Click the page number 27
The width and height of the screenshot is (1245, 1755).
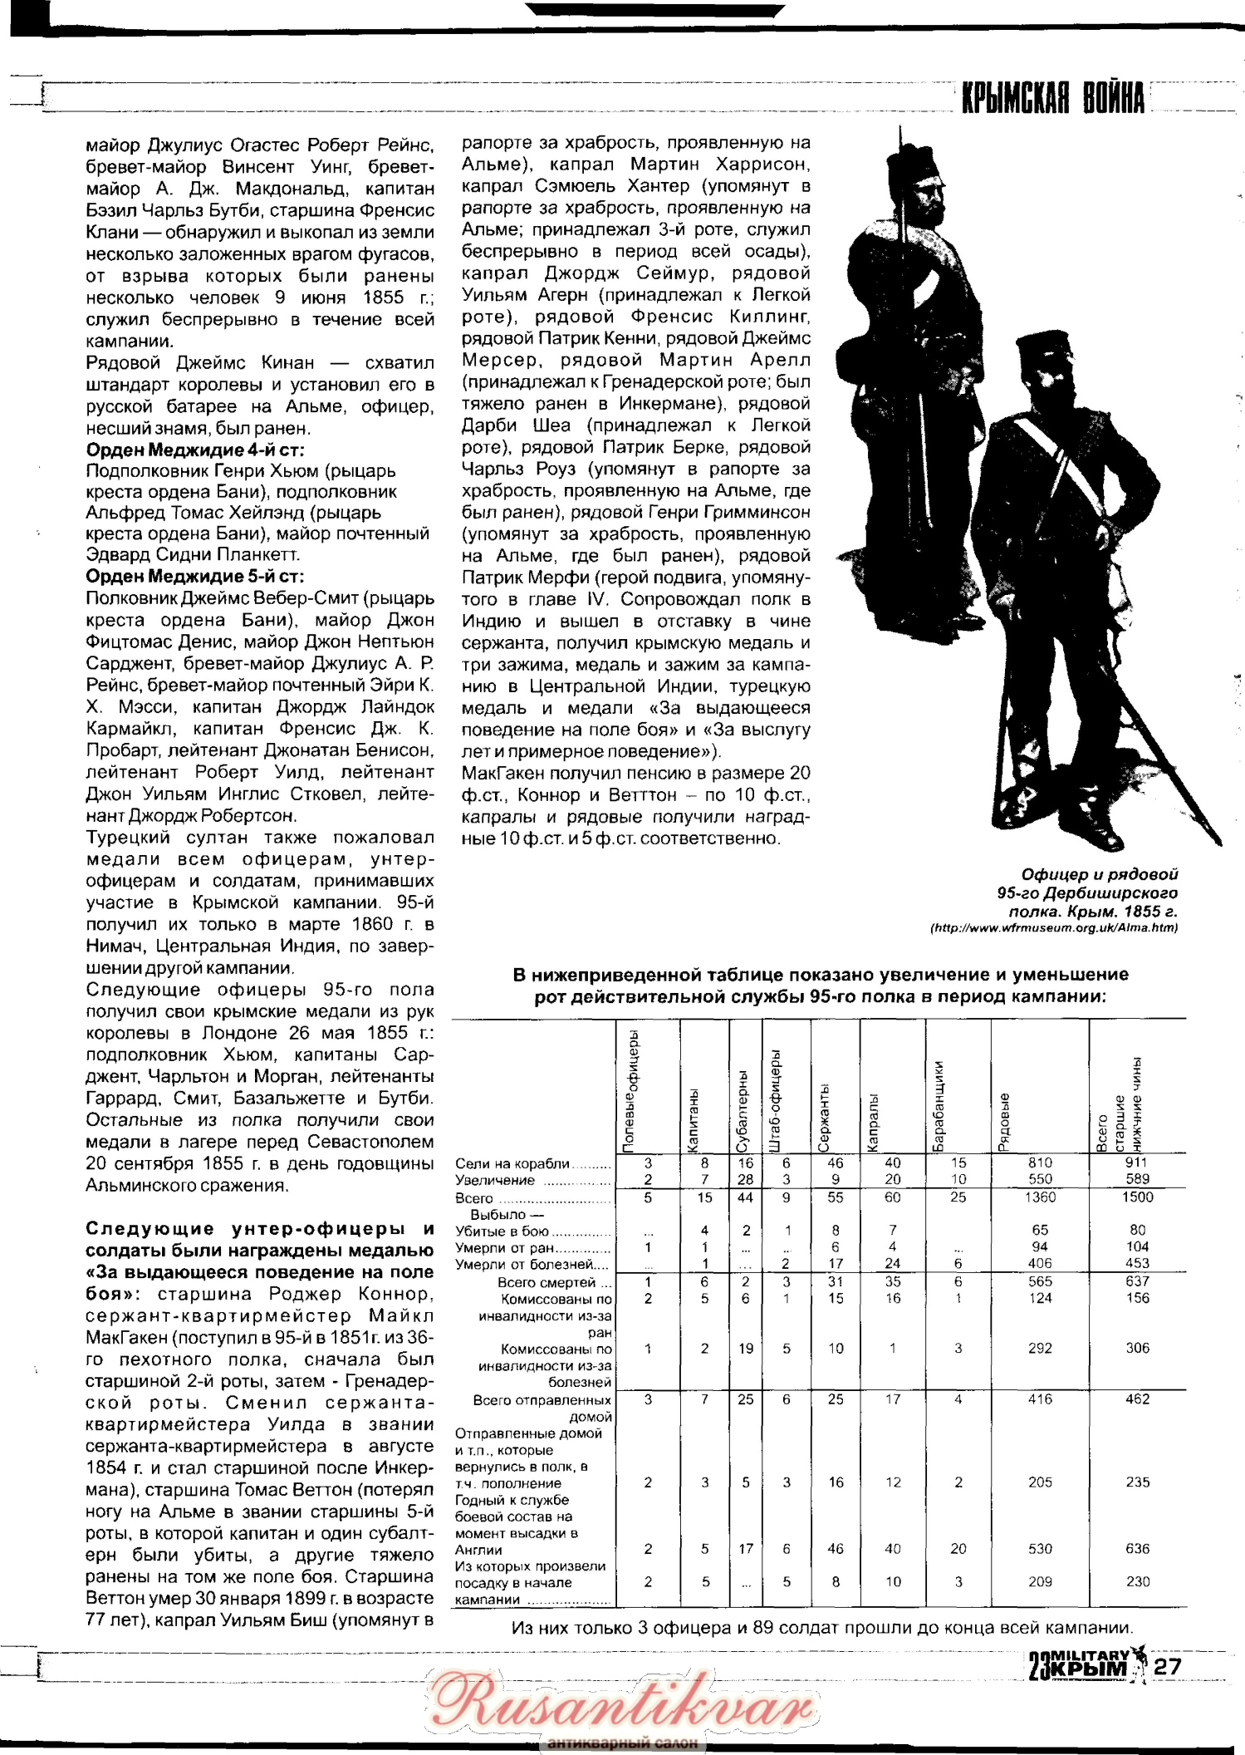[x=1167, y=1666]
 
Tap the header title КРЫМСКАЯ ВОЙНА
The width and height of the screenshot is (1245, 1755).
[x=1053, y=98]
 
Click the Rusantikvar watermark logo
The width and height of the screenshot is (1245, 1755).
[x=621, y=1703]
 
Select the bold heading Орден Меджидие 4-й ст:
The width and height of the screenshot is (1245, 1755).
[x=195, y=450]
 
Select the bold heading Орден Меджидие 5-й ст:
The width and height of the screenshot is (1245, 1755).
[x=195, y=576]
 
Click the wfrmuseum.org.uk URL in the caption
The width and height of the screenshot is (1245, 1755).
[x=1054, y=927]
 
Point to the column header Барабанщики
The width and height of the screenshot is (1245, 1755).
[x=938, y=1105]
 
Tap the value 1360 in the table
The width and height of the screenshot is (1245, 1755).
[x=1040, y=1197]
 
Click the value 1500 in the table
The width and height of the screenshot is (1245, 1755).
[x=1137, y=1197]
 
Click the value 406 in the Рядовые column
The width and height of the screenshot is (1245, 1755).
[x=1040, y=1264]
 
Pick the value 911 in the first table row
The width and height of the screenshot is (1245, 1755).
[x=1136, y=1163]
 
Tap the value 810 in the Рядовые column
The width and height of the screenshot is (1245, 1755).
[x=1040, y=1163]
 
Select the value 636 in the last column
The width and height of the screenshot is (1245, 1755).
[x=1137, y=1549]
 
